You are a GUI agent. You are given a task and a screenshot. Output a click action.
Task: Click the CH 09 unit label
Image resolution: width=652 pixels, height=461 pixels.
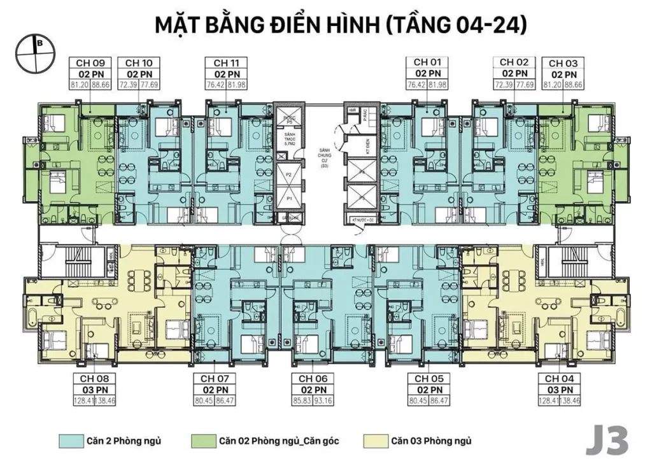tap(90, 63)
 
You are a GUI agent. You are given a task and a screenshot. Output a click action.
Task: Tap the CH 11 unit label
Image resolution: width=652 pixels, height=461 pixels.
tap(226, 63)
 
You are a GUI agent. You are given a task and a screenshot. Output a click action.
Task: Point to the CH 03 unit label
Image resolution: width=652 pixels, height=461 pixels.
tap(563, 63)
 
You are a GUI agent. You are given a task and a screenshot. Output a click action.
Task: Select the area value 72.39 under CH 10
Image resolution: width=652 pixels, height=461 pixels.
tap(128, 85)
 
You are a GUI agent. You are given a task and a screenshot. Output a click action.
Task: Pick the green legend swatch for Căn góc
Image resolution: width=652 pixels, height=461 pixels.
tap(202, 441)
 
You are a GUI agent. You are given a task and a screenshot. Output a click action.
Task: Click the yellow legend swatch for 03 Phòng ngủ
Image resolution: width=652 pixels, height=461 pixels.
tap(374, 441)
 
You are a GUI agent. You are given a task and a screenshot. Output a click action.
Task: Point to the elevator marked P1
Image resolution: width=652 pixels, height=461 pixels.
tap(288, 199)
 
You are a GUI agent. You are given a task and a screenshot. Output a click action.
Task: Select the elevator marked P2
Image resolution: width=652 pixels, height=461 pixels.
tap(288, 173)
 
